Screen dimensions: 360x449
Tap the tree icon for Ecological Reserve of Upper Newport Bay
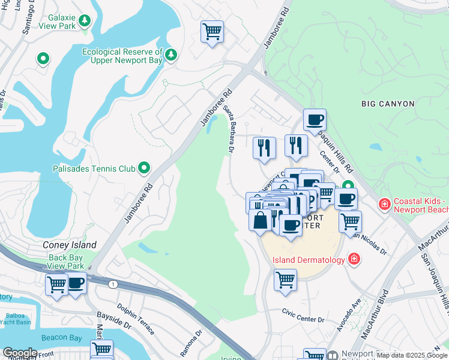(172, 55)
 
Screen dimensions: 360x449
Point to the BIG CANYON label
(388, 104)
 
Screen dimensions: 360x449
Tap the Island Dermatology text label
(309, 260)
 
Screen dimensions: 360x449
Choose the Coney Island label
(70, 245)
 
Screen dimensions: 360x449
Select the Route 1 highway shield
(113, 283)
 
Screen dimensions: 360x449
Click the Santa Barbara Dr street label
(229, 128)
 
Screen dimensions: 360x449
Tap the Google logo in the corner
(20, 353)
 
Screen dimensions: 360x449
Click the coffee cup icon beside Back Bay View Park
(76, 283)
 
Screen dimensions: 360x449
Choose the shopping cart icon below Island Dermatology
(286, 279)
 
